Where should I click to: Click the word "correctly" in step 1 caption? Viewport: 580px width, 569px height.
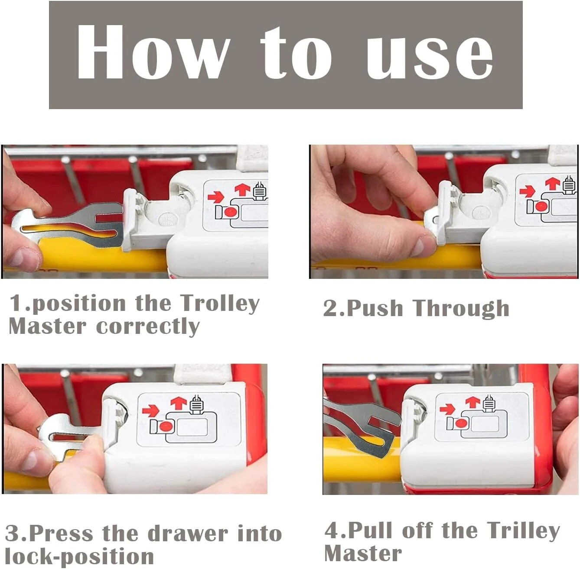point(148,327)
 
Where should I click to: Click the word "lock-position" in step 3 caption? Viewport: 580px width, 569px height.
point(79,556)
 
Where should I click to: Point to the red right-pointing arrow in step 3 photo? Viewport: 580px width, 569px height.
point(150,410)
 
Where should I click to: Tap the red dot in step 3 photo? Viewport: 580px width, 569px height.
point(165,426)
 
